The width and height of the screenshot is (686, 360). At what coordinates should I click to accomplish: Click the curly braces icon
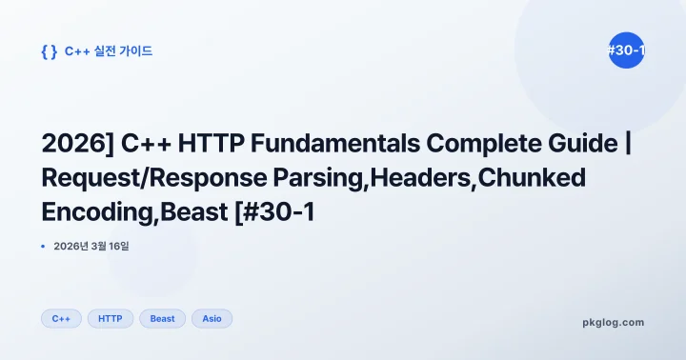tap(50, 51)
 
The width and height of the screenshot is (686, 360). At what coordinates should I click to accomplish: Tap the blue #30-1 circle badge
tap(626, 51)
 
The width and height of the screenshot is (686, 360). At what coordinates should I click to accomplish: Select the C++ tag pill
tap(61, 318)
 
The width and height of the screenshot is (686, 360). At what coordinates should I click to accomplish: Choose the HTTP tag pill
tap(111, 318)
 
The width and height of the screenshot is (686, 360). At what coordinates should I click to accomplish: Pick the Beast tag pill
tap(163, 318)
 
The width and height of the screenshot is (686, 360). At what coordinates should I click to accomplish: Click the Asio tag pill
tap(212, 318)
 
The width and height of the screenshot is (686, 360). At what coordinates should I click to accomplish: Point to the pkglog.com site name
tap(613, 322)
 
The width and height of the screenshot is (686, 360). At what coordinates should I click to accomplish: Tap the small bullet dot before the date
tap(44, 246)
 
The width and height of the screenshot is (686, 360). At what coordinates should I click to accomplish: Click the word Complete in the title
tap(482, 144)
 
